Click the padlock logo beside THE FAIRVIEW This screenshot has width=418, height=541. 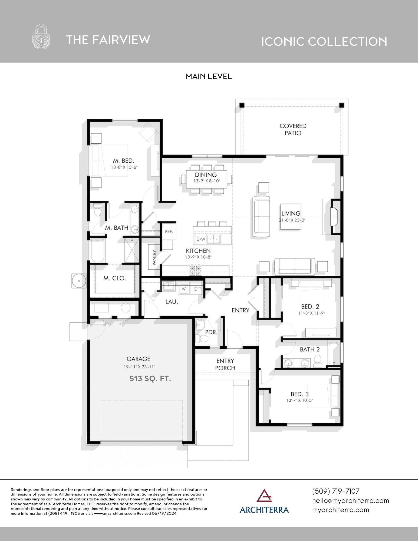click(x=41, y=37)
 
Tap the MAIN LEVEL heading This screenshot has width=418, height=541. click(x=209, y=77)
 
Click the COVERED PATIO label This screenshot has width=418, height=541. click(x=293, y=130)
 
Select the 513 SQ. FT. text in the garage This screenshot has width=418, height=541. click(x=150, y=378)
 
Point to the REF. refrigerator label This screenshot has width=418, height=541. click(x=169, y=232)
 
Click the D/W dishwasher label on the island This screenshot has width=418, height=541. click(x=200, y=239)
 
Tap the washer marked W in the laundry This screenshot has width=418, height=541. click(x=184, y=289)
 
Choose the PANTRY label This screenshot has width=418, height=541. click(x=154, y=257)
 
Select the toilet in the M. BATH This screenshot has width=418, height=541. click(x=98, y=210)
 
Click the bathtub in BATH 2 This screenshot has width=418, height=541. click(x=334, y=353)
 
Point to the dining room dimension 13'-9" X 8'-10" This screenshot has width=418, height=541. click(x=206, y=181)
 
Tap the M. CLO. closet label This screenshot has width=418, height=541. click(x=115, y=278)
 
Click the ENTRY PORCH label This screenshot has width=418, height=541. click(x=225, y=364)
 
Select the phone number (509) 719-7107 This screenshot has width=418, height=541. click(x=336, y=491)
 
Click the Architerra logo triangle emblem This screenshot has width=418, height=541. click(x=264, y=495)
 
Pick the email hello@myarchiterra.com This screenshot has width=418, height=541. click(x=350, y=501)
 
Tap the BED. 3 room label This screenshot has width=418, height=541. click(x=299, y=394)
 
